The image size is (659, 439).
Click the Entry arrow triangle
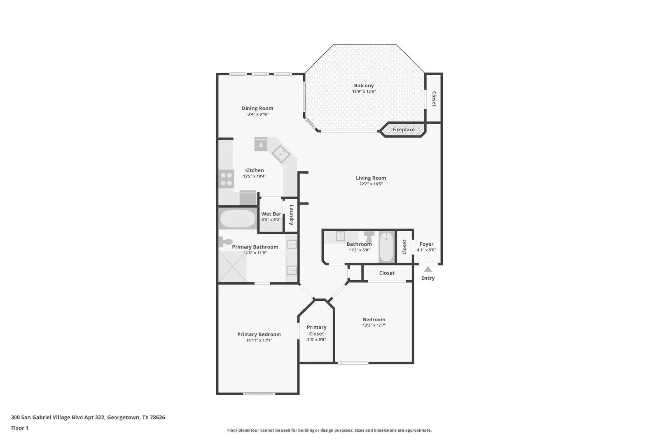428,269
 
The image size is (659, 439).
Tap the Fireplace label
403,130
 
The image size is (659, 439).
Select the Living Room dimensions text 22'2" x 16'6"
371,184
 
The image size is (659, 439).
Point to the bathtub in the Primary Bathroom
237,219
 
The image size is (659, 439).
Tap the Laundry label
291,215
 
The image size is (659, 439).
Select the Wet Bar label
271,214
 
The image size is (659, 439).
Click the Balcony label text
364,86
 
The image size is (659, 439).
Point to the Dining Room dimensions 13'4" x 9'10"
257,114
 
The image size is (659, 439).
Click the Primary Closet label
316,330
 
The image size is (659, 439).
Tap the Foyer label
426,244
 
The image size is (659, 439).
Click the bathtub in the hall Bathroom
386,247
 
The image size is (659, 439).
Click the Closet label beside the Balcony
434,99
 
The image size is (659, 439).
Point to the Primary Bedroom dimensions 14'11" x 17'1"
259,340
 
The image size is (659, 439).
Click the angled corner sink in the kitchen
281,154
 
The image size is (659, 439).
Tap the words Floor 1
20,428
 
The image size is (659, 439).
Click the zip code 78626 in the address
157,417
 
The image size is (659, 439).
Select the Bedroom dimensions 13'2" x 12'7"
374,325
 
